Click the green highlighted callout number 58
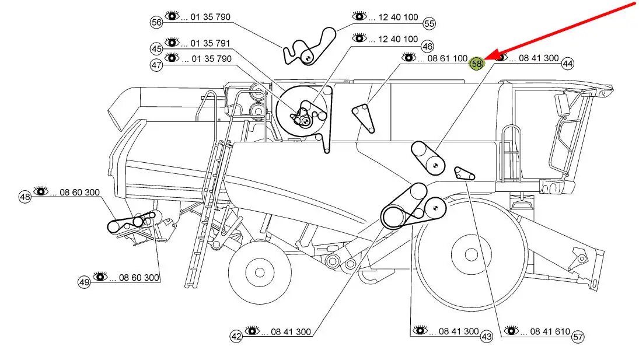[x=476, y=64]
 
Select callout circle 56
[x=156, y=22]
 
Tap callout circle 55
[x=429, y=23]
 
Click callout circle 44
[x=567, y=64]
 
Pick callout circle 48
[x=25, y=197]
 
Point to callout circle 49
[x=84, y=282]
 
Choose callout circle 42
[x=236, y=337]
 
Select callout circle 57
[x=578, y=337]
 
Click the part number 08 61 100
[x=448, y=59]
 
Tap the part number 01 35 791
[x=210, y=43]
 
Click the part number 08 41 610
[x=550, y=332]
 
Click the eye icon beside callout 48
[x=41, y=191]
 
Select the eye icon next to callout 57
[x=511, y=330]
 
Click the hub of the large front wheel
[x=471, y=255]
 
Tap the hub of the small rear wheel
[x=260, y=272]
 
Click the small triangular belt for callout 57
[x=464, y=173]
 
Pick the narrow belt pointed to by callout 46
[x=363, y=118]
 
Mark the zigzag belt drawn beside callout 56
[x=309, y=46]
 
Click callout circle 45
[x=156, y=49]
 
